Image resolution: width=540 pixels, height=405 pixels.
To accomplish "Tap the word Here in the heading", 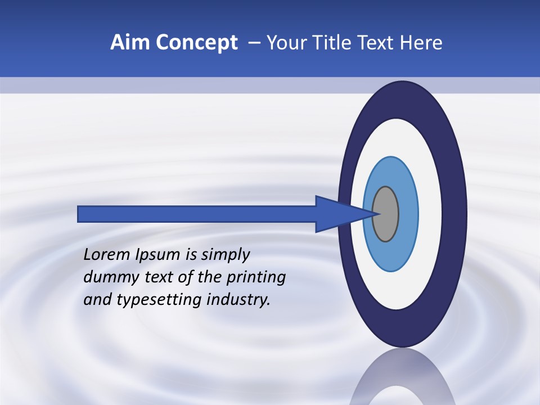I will pyautogui.click(x=422, y=43).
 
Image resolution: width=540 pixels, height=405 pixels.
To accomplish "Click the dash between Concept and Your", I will pyautogui.click(x=254, y=43).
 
